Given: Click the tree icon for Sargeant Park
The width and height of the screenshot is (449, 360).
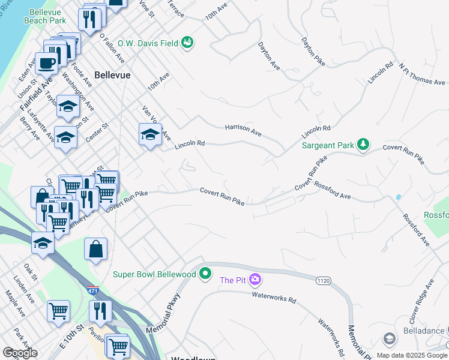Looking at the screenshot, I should [363, 144].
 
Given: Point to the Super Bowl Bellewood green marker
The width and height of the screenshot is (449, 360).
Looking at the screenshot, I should [206, 274].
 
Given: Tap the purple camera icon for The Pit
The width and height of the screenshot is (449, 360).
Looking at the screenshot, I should [255, 280].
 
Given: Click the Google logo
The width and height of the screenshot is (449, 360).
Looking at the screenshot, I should [20, 353].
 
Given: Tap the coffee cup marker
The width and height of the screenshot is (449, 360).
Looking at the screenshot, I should [46, 62].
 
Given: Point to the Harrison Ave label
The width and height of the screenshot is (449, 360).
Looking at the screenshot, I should [243, 129].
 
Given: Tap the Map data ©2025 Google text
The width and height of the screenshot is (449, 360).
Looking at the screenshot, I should [412, 355].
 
